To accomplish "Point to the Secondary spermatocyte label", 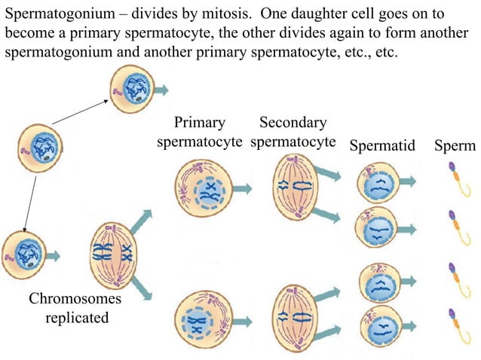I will coord(293,132).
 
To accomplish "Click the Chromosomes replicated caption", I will coord(75,308).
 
